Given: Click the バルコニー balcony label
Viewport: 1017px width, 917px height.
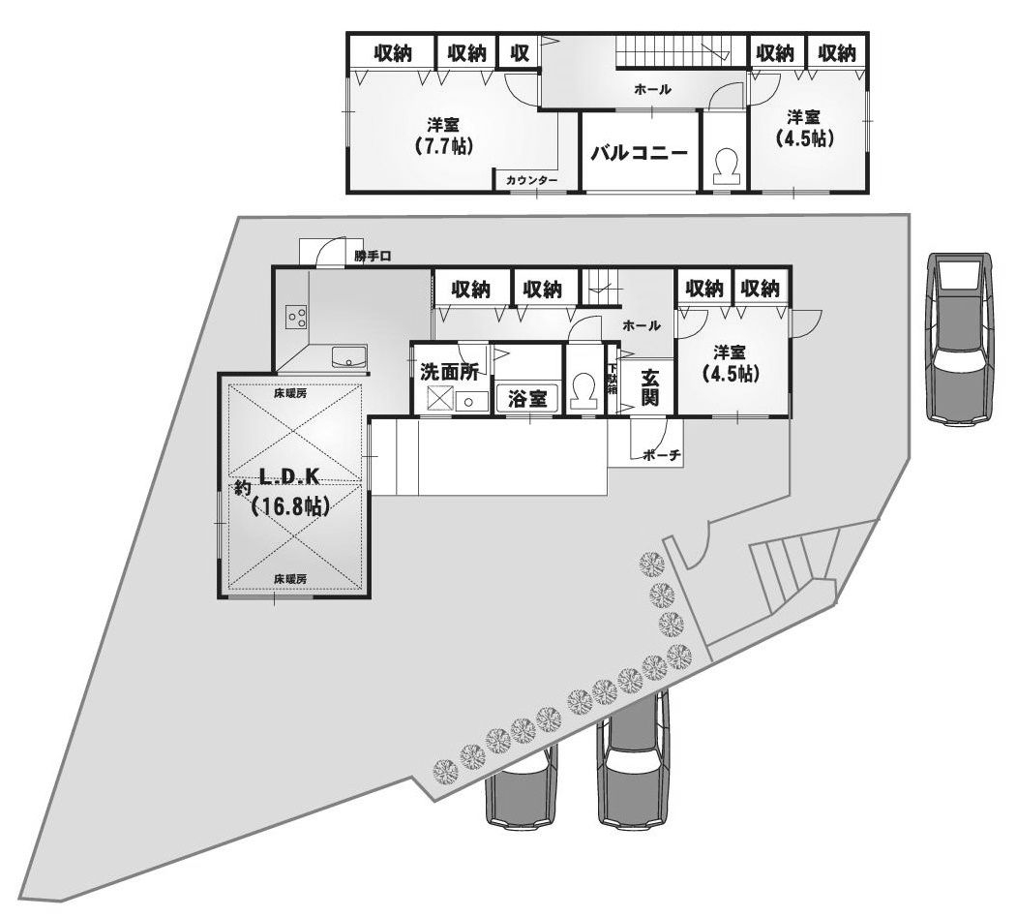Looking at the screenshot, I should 639,153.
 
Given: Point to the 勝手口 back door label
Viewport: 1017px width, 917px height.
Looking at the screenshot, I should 371,257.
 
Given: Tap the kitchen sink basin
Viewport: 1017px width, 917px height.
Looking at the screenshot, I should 348,357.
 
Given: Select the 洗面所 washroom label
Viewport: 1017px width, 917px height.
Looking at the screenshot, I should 449,370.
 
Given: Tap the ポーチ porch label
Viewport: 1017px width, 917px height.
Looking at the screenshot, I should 662,455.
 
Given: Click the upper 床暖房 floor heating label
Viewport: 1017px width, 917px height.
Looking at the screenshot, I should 289,394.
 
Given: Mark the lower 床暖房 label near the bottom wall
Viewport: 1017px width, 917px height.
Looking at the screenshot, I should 289,578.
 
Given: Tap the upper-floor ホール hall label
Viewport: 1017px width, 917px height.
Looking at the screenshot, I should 652,89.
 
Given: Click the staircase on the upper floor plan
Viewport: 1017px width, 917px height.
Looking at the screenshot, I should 674,49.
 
